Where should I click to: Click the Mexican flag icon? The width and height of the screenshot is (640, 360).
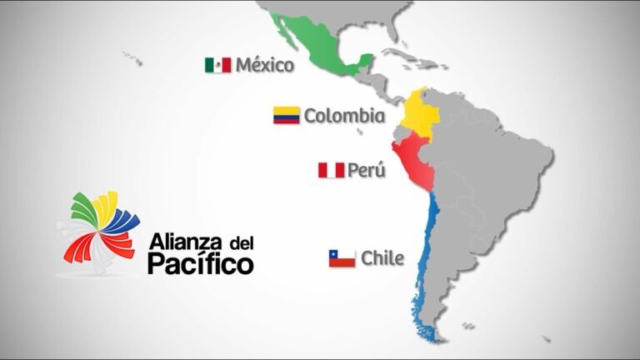pos(217,64)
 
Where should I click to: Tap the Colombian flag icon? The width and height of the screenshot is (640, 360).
pos(286,116)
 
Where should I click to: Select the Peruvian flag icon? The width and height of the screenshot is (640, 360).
pos(330,171)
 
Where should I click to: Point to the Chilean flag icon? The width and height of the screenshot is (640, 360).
pos(342,258)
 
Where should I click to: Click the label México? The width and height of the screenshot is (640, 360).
pos(265,64)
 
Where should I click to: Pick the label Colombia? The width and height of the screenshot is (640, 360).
pos(343,116)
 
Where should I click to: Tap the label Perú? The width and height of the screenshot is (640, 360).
pos(367,171)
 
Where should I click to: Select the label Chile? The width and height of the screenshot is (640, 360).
pos(382,258)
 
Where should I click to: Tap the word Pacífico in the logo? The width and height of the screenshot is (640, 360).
pos(201,265)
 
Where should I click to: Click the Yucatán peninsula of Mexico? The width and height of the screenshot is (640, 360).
pos(364,62)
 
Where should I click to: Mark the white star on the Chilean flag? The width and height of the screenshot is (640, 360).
pos(334,254)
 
